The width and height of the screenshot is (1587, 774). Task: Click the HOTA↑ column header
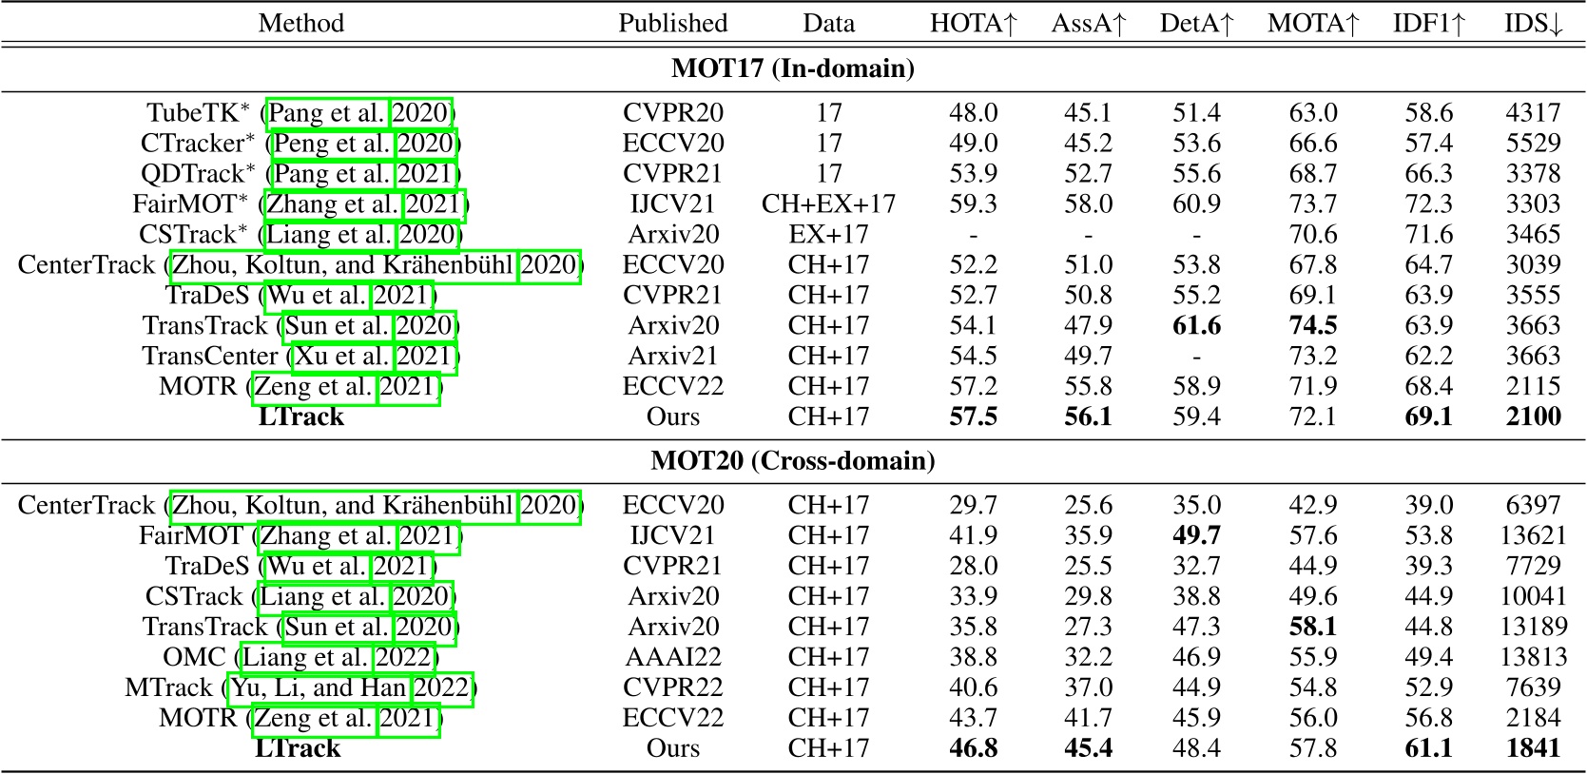coord(973,23)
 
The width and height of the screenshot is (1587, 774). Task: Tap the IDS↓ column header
coord(1533,23)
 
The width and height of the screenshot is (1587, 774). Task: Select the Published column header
coord(672,23)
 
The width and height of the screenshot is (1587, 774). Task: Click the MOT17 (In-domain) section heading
coord(792,68)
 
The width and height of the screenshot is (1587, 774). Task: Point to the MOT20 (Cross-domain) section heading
coord(792,461)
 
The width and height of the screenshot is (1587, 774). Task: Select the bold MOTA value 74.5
coord(1312,325)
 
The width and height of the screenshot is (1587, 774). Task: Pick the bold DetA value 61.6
coord(1196,325)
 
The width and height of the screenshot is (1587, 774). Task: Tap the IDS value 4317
coord(1533,113)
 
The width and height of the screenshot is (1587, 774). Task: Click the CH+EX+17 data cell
coord(828,204)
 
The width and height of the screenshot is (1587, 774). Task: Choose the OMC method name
coord(194,657)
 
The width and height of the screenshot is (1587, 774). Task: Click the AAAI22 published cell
coord(672,657)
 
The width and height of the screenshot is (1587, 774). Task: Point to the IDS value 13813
coord(1533,657)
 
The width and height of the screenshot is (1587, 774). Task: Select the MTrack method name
coord(168,687)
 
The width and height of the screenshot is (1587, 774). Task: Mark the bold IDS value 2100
coord(1533,416)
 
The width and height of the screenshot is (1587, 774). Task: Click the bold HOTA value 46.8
coord(973,748)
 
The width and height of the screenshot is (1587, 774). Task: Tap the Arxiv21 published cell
coord(672,356)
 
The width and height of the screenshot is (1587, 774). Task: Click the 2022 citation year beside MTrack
coord(442,687)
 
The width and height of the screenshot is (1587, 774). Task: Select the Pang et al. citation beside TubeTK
coord(327,113)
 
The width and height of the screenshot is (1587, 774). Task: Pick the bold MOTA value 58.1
coord(1312,627)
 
